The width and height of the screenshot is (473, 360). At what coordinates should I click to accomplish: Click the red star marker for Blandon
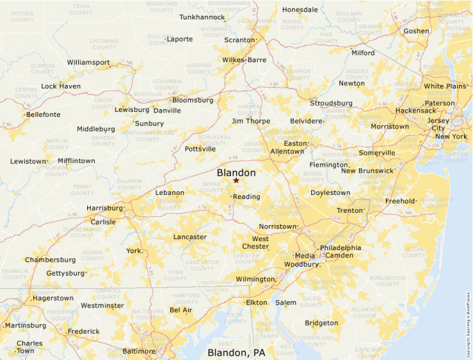point(236,180)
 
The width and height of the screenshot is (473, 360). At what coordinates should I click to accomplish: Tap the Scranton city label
point(239,40)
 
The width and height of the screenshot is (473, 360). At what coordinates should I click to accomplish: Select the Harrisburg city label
point(104,208)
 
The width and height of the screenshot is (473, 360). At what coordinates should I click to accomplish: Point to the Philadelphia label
point(340,247)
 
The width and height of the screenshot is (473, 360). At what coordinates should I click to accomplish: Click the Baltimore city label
point(139,351)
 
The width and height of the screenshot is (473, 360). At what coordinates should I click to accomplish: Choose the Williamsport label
point(88,62)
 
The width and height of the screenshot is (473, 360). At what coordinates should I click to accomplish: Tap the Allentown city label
point(287,151)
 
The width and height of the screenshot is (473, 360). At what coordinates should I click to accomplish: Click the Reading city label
point(246,197)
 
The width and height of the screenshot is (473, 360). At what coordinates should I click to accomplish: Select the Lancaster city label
point(189,237)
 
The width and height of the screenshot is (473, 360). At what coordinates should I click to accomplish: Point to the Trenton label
point(350,210)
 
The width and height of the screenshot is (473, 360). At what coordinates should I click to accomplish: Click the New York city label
point(451,137)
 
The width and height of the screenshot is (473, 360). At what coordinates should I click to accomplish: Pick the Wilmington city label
point(254,279)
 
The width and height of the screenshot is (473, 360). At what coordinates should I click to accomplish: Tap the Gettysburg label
point(64,273)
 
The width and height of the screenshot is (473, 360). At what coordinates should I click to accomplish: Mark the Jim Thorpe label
point(250,121)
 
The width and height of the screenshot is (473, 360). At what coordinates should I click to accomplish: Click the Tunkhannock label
point(202,17)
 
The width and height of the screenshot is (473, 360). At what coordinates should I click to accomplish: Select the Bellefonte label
point(43,114)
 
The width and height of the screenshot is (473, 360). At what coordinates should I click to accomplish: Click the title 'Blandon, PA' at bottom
point(236,352)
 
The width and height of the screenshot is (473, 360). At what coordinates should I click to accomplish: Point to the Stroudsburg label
point(331,103)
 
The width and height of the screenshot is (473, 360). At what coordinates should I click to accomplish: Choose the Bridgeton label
point(322,323)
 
